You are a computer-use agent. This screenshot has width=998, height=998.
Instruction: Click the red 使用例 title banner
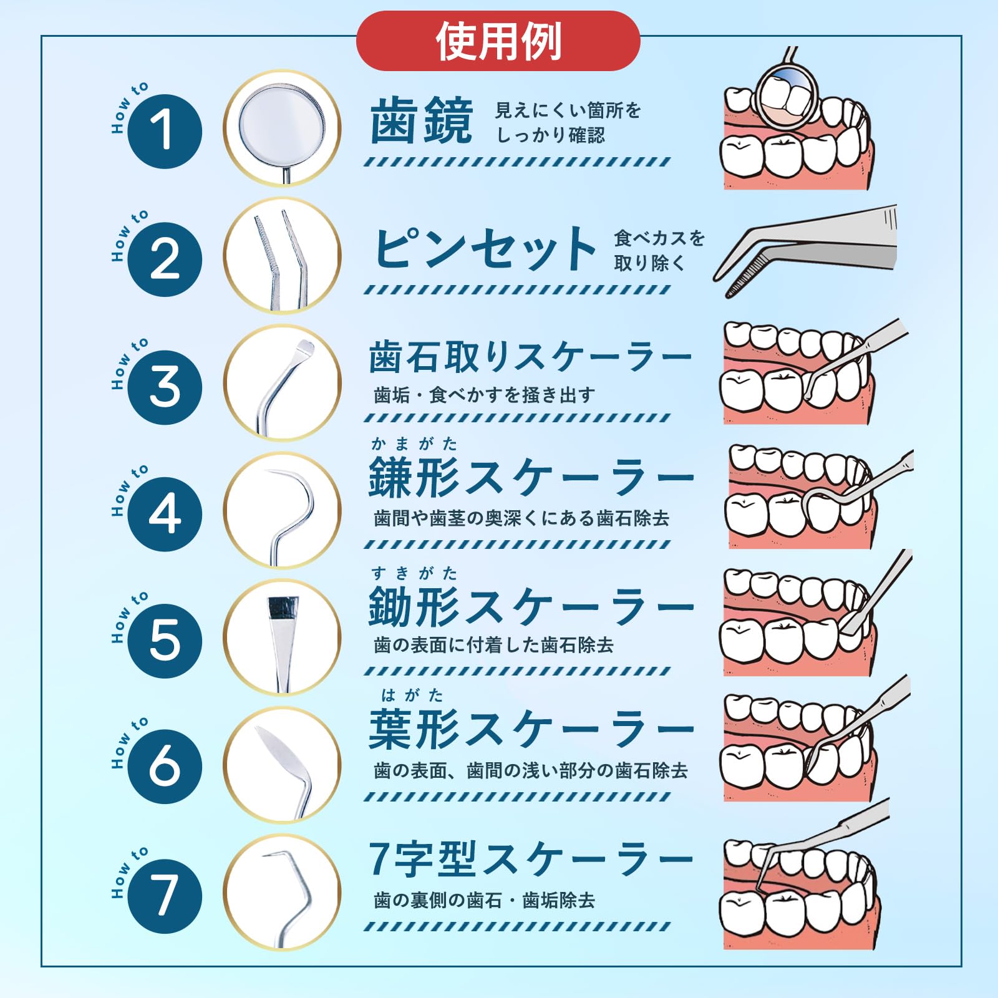[498, 41]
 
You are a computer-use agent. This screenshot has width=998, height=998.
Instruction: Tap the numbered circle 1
[165, 131]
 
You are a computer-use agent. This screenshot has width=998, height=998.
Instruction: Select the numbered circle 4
[165, 514]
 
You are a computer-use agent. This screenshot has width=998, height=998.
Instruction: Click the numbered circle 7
[165, 896]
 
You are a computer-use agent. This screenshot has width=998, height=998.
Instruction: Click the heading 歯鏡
[422, 121]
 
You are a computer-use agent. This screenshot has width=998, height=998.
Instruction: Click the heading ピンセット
[485, 248]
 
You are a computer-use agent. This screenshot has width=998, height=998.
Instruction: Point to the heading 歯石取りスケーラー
[530, 357]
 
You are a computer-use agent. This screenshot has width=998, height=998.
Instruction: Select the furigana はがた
[412, 695]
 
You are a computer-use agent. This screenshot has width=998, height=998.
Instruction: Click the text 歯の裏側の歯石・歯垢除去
[484, 899]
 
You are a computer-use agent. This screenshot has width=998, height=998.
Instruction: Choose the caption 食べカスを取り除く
[659, 250]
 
